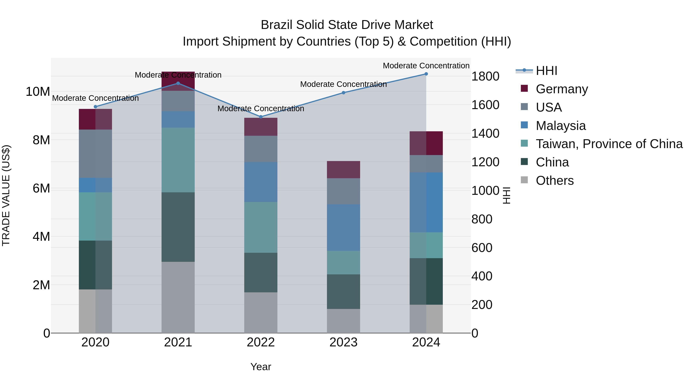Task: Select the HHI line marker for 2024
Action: [426, 74]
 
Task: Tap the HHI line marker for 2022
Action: [260, 117]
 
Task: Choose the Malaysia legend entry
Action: [560, 126]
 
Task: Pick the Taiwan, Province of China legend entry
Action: [609, 144]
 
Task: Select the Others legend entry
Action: [554, 181]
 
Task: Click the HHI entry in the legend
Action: [546, 71]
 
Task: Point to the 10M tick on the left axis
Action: [38, 92]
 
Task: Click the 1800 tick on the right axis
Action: [485, 76]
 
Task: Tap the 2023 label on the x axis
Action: [343, 342]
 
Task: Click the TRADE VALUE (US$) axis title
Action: [6, 195]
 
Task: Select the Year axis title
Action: [260, 367]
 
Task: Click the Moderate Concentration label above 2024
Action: [426, 66]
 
